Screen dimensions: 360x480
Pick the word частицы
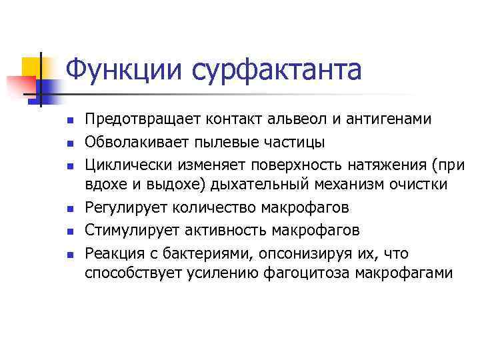tap(294, 142)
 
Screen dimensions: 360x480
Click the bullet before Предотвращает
tap(69, 121)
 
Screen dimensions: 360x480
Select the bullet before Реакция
tap(69, 254)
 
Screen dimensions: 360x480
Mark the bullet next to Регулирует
tap(69, 209)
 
